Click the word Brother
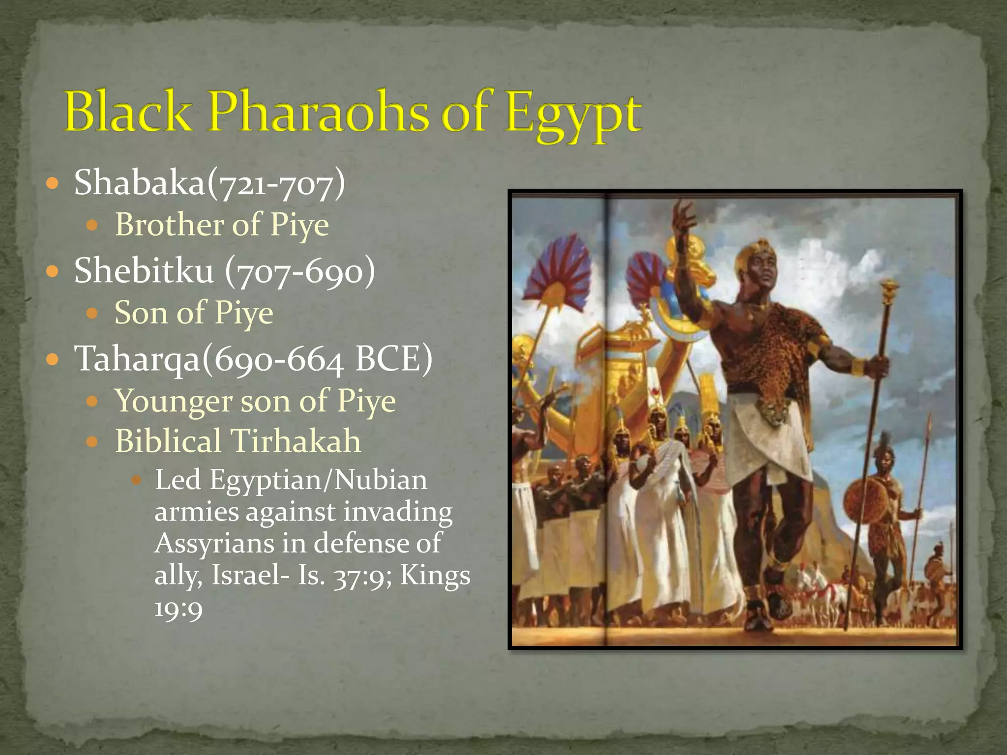tap(169, 225)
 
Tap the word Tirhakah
tap(296, 441)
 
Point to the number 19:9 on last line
tap(178, 609)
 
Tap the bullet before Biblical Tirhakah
tap(92, 441)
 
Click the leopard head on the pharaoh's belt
tap(773, 411)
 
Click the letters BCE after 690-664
tap(394, 359)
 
